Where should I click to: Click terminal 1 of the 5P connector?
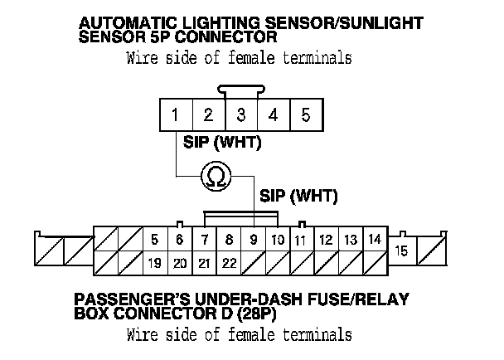click(176, 115)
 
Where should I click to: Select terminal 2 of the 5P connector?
click(208, 115)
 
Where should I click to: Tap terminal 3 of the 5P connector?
click(240, 115)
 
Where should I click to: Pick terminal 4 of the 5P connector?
click(273, 115)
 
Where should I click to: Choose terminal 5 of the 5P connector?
click(305, 115)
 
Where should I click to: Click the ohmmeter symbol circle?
click(215, 176)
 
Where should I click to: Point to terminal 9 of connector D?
click(253, 240)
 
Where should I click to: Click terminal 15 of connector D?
click(401, 250)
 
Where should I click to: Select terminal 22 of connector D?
click(229, 264)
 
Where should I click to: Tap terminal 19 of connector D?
click(154, 264)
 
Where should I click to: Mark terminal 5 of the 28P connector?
click(155, 240)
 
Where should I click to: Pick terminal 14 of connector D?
click(375, 240)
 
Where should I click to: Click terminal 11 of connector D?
click(301, 241)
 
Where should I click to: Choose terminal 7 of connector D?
click(204, 240)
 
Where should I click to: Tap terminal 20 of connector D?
click(179, 264)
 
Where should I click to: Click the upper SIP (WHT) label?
click(221, 143)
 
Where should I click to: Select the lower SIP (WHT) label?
click(298, 197)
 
